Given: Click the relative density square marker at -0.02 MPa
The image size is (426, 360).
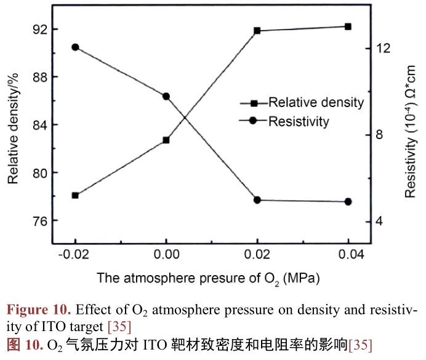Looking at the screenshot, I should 75,195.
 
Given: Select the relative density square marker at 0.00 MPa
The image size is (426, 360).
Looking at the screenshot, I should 166,140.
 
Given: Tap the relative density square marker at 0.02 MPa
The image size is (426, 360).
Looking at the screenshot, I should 257,30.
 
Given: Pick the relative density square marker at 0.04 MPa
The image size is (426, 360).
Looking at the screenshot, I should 348,26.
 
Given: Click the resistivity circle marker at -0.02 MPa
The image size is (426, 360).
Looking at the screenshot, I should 75,47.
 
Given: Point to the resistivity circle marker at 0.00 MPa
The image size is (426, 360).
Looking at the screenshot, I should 166,96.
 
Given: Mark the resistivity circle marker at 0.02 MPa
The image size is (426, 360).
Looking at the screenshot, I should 257,200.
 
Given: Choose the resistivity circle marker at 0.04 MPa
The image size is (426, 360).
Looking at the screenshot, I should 348,202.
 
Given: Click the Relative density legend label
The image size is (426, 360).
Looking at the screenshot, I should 316,103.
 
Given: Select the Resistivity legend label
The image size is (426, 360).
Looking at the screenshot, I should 299,121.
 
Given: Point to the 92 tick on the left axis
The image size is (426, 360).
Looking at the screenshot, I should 41,30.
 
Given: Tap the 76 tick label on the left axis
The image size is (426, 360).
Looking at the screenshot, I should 41,220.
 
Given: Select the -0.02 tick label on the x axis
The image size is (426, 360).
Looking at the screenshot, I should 75,254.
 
